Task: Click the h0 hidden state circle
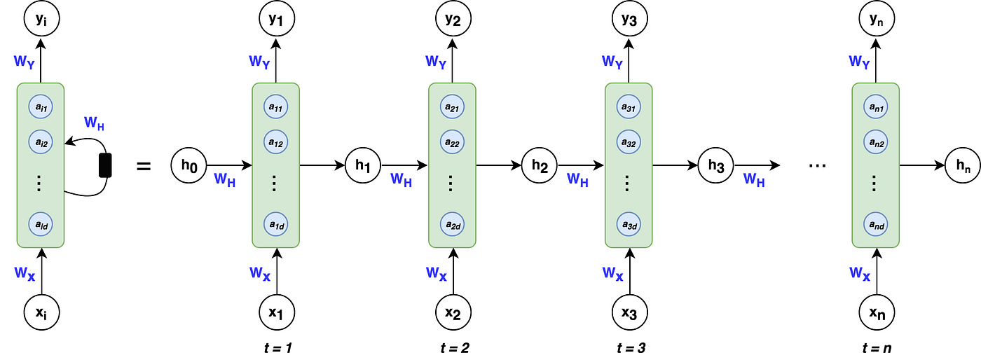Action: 188,165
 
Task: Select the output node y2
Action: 453,19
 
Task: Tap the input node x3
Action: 630,312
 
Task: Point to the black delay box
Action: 105,165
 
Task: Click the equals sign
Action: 144,166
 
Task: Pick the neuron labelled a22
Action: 453,142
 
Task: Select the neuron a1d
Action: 276,224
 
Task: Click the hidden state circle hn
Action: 963,165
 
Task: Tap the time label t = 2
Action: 455,348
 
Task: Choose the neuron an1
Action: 876,107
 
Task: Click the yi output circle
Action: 41,19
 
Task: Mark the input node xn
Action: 877,312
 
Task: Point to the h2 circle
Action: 539,165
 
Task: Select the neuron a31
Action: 629,107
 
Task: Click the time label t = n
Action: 877,348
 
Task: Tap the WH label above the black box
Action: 94,123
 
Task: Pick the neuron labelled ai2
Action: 41,142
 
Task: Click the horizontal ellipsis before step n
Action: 817,165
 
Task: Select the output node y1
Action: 277,19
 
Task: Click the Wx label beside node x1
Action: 260,273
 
